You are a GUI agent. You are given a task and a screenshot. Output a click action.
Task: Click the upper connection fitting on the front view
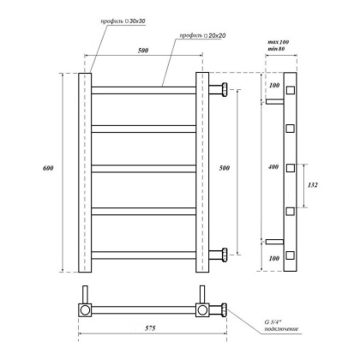(x=222, y=89)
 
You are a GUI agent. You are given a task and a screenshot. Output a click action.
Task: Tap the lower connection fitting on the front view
(x=222, y=253)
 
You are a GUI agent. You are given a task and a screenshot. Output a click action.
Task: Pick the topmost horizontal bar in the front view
(x=144, y=89)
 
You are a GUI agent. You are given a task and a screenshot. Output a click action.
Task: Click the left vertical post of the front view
(x=85, y=171)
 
